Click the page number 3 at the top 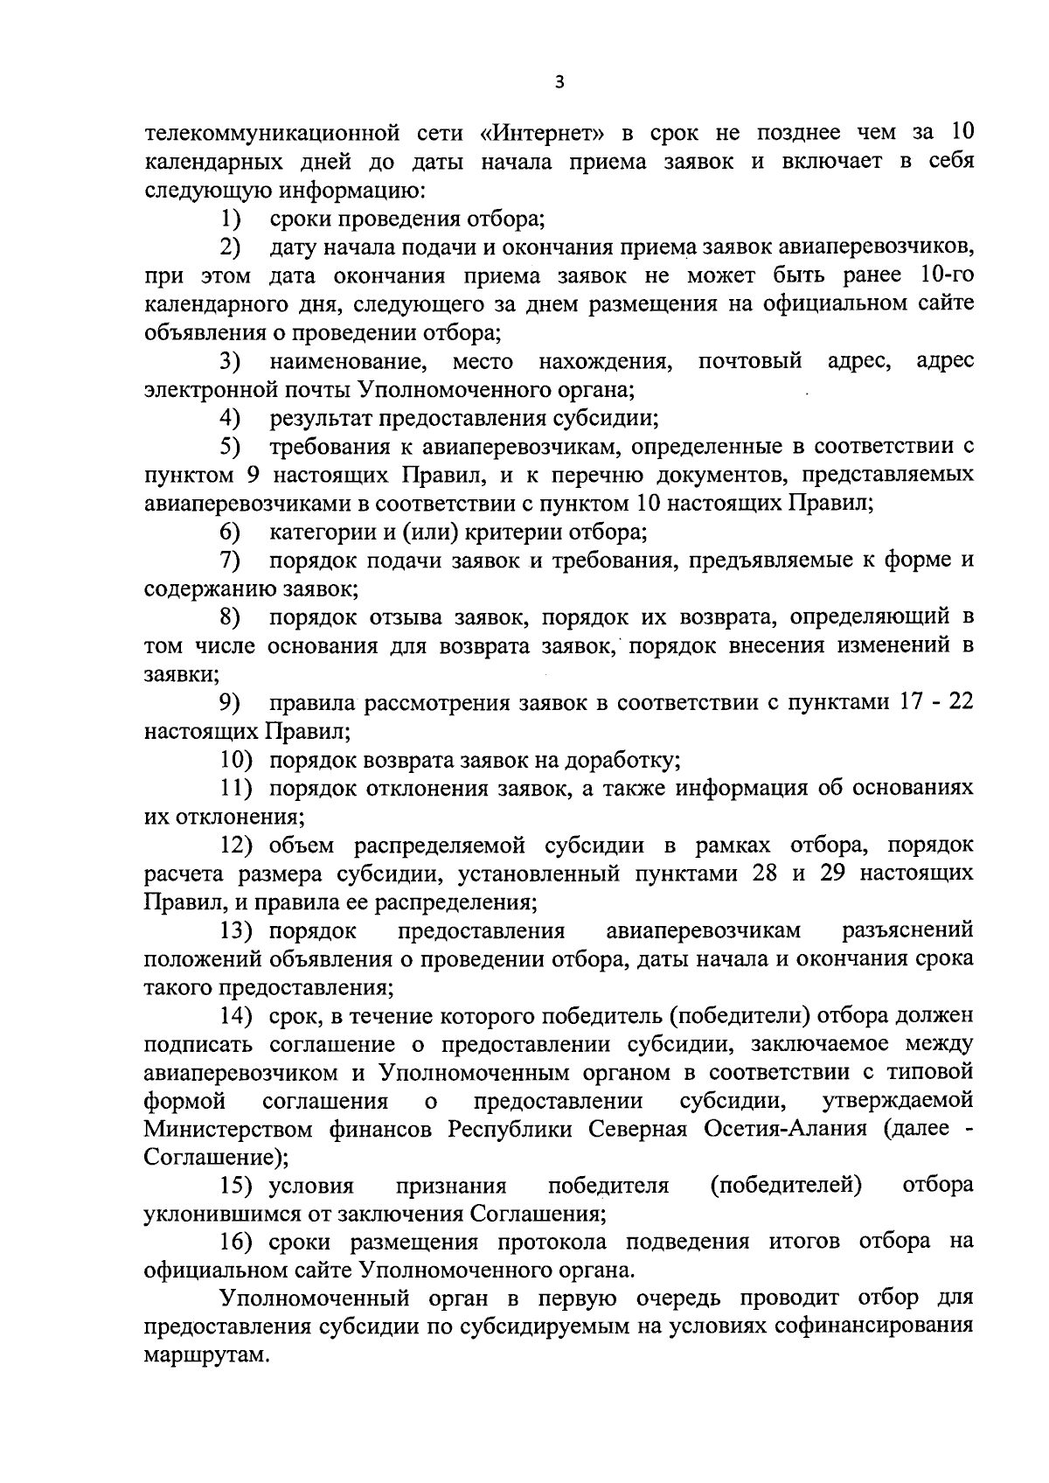(x=559, y=83)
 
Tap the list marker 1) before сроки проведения (x=231, y=219)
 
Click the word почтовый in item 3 (x=750, y=361)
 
